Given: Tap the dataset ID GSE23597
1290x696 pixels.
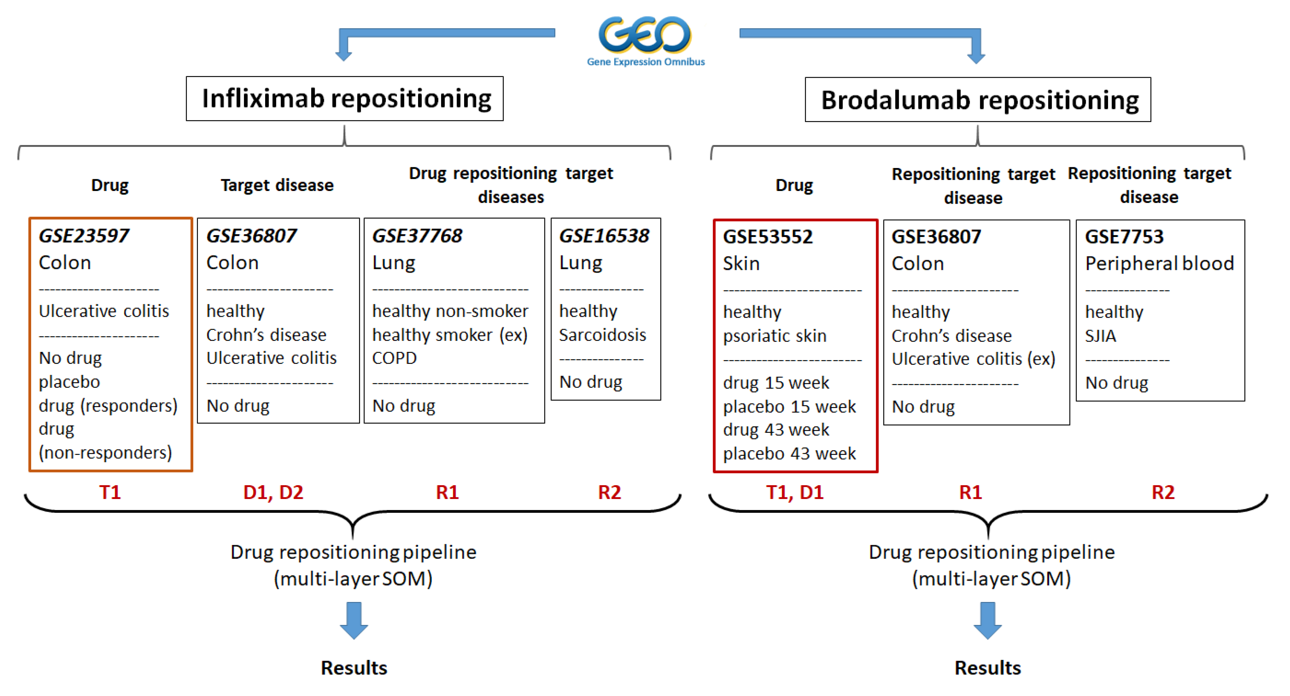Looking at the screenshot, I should tap(84, 236).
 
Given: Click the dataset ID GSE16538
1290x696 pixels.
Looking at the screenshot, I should tap(604, 236).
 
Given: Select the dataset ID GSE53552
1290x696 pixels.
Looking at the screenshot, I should tap(768, 237).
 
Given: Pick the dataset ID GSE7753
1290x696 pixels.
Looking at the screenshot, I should tap(1124, 237).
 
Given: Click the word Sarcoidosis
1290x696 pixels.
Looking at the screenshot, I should tap(603, 335).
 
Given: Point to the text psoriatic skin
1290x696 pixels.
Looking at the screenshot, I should tap(775, 336).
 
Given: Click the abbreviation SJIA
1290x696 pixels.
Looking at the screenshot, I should tap(1100, 336).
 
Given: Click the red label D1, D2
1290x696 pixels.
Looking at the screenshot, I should tap(273, 492).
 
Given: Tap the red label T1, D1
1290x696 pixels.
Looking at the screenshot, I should tap(795, 492).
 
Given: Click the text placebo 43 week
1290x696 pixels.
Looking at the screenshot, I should tap(789, 453).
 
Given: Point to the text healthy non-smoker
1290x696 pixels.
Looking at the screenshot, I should tap(450, 311).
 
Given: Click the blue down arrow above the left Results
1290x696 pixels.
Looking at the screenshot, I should tap(354, 620).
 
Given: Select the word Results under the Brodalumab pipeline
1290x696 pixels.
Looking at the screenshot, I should tap(988, 668).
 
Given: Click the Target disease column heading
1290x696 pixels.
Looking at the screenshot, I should tap(277, 185).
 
